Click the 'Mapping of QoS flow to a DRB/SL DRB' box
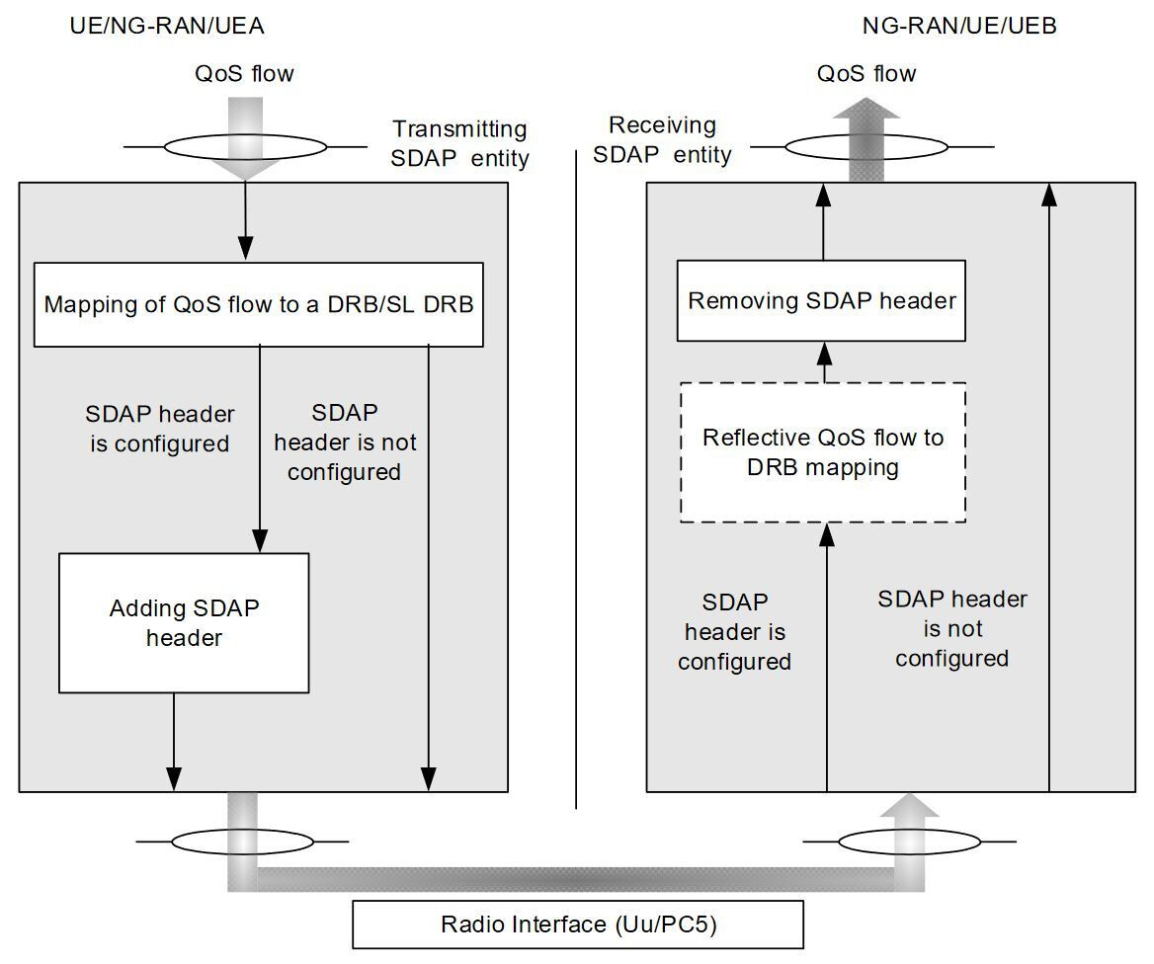(258, 304)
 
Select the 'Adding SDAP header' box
(184, 622)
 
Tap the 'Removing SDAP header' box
(821, 300)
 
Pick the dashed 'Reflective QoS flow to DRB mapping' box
(822, 451)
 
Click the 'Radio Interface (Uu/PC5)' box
(578, 925)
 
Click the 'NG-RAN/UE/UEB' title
(959, 27)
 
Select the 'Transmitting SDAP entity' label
(460, 143)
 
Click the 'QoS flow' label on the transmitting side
(245, 73)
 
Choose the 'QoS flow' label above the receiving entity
(866, 73)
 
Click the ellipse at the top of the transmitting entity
(244, 148)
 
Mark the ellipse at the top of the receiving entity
(866, 148)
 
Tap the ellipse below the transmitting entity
(241, 842)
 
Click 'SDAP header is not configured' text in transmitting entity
(344, 442)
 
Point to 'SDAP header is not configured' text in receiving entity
(951, 628)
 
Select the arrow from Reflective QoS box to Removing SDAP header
(822, 361)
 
